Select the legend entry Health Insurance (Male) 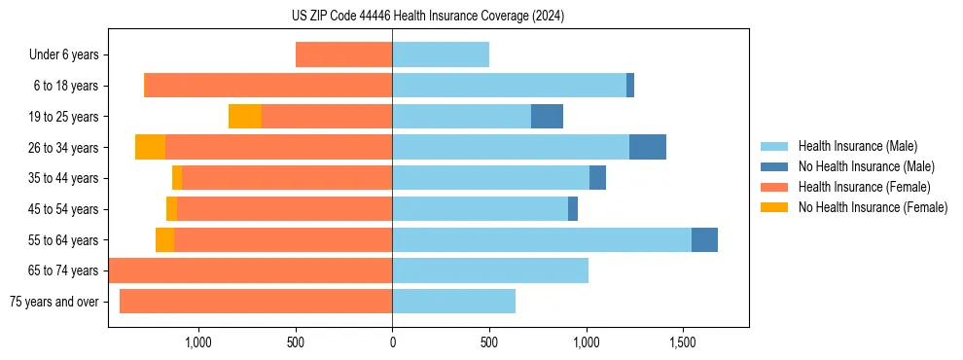click(857, 146)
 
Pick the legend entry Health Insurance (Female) click(864, 187)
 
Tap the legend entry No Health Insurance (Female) click(873, 207)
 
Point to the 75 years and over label click(53, 302)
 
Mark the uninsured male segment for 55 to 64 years click(704, 239)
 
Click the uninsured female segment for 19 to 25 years click(245, 117)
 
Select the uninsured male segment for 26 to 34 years click(648, 147)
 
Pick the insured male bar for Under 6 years click(441, 54)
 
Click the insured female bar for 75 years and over click(256, 301)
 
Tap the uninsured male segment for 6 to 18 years click(630, 86)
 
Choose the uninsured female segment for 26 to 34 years click(150, 147)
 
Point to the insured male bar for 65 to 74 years click(490, 270)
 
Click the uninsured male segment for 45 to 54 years click(573, 208)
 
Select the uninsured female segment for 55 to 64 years click(165, 239)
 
